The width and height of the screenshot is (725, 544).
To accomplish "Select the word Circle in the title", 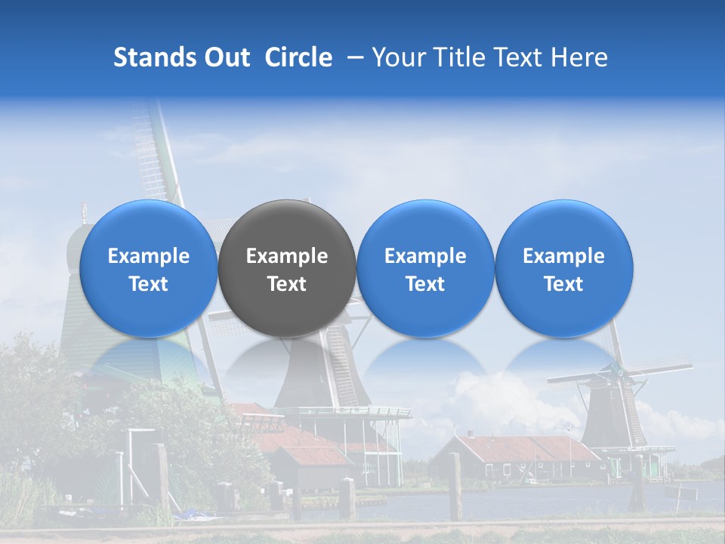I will point(298,57).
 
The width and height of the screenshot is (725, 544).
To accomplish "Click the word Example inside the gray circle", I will point(287,256).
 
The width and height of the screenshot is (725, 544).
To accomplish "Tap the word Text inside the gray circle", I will point(287,284).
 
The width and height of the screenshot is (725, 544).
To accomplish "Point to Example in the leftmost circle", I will point(148,256).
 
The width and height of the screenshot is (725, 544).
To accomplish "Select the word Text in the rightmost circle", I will point(563,284).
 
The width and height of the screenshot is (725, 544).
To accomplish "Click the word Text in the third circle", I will point(425,284).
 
